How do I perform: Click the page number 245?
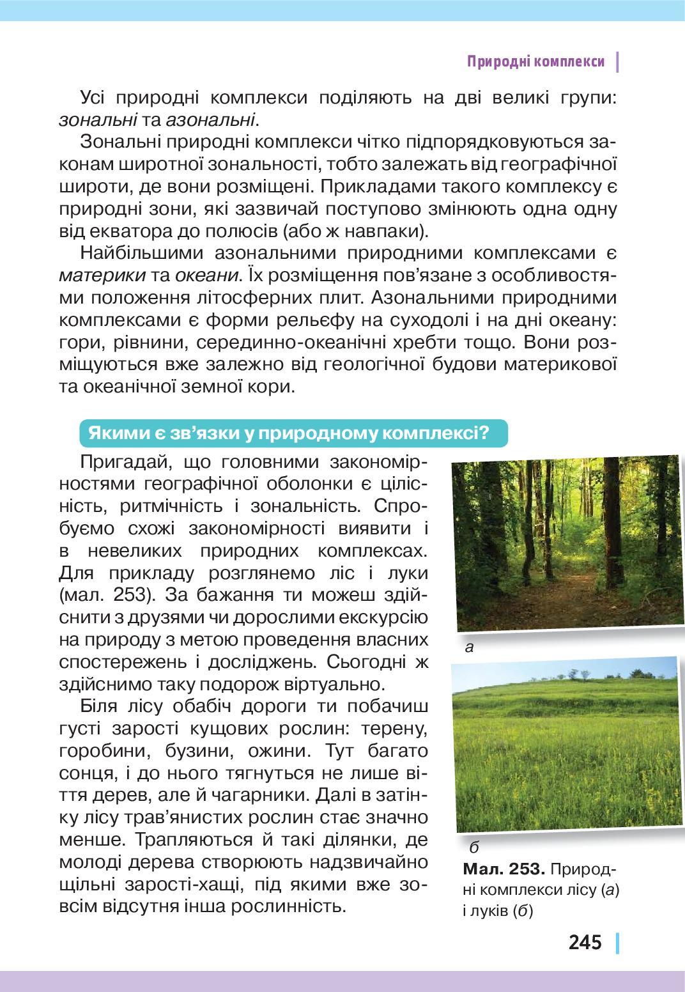585,942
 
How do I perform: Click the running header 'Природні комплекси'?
535,62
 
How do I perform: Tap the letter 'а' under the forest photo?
469,647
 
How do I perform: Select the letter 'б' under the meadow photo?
473,848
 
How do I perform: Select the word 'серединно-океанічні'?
297,343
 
